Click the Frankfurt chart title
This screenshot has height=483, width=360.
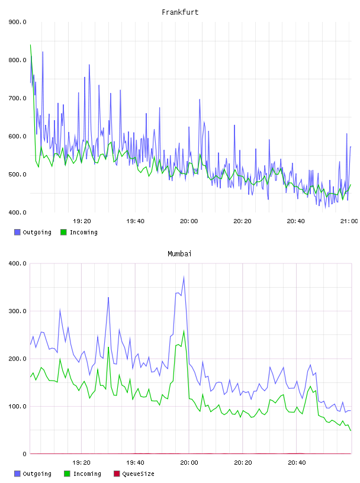click(180, 12)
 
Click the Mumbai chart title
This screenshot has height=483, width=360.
click(179, 254)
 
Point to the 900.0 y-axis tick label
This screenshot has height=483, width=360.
click(18, 22)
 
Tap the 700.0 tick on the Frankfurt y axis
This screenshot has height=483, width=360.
click(18, 98)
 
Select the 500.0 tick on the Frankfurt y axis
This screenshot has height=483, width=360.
click(18, 175)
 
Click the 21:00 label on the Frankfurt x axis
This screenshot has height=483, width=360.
click(349, 221)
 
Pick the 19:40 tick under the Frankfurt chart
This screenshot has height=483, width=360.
click(136, 221)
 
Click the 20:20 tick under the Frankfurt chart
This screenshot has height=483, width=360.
click(242, 221)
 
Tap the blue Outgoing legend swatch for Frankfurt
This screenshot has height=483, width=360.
click(17, 232)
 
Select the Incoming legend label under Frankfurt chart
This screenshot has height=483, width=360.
click(83, 232)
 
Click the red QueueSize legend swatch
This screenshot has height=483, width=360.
click(117, 474)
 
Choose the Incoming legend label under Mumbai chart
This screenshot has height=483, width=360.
click(87, 474)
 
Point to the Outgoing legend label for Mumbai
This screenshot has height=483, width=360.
click(37, 474)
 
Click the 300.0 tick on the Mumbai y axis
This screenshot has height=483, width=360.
click(18, 311)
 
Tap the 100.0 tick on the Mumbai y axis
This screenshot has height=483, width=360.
click(18, 406)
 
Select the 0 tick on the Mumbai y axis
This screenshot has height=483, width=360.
click(24, 454)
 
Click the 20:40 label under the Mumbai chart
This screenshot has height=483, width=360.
click(297, 463)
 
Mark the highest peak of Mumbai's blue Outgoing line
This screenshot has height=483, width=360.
click(184, 276)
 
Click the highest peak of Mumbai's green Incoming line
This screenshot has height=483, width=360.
click(184, 331)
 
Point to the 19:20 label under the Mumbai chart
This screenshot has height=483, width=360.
click(81, 463)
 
